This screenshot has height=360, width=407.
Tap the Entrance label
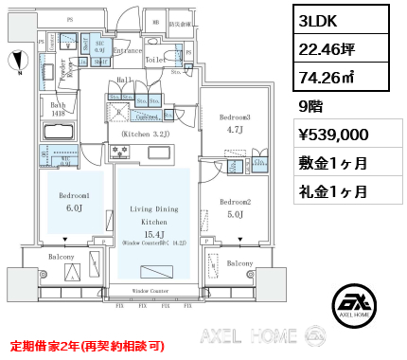click(x=128, y=52)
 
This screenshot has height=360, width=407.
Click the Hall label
click(x=126, y=81)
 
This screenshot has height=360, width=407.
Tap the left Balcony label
click(x=62, y=257)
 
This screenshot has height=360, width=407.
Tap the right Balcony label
click(x=239, y=263)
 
